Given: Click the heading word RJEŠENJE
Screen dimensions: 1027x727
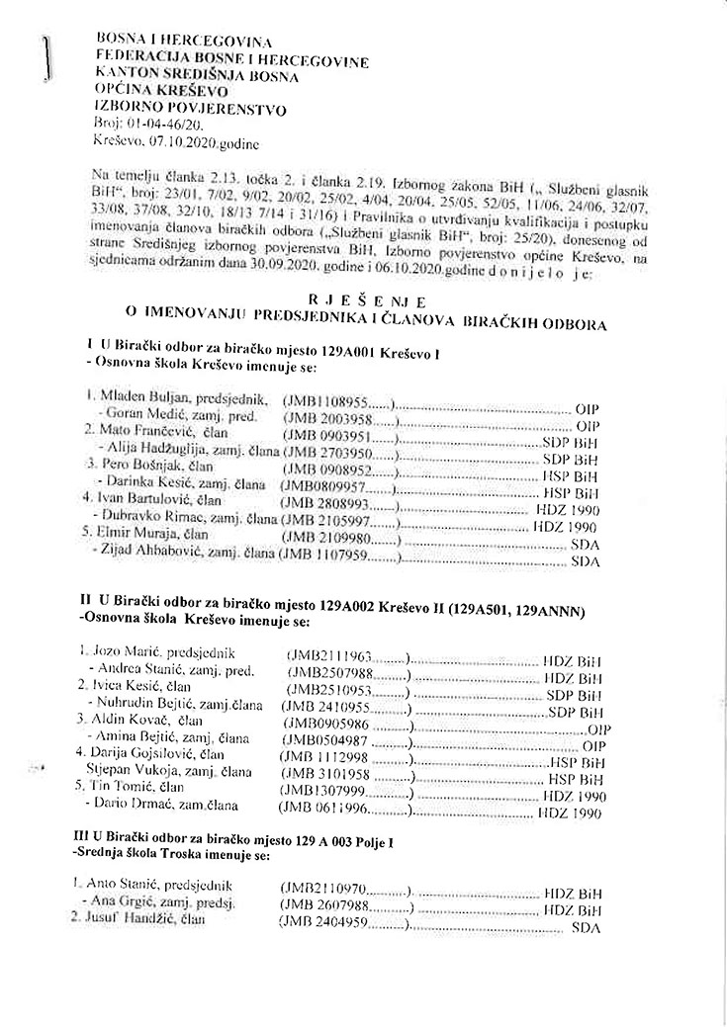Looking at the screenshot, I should [x=367, y=300].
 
